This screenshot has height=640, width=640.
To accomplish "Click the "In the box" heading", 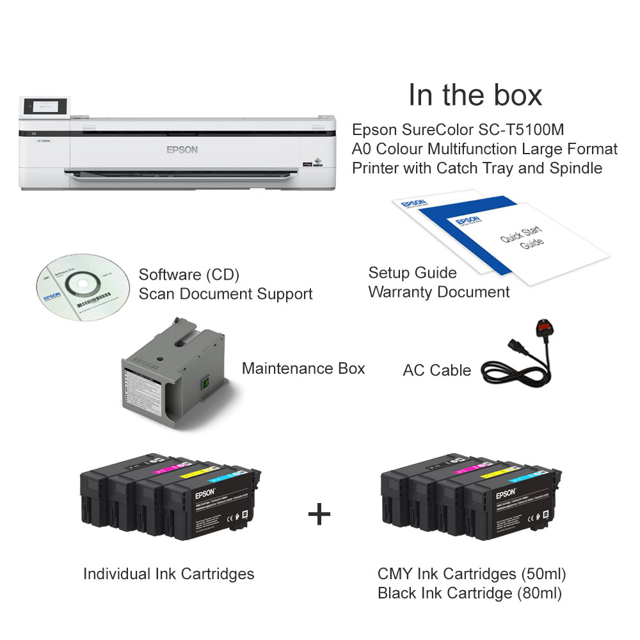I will (475, 95).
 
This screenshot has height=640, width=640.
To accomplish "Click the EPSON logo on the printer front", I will (182, 150).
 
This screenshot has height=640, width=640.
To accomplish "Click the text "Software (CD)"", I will (189, 275).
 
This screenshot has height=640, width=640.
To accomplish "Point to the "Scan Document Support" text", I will (225, 294).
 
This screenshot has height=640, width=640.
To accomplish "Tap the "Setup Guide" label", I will (412, 273).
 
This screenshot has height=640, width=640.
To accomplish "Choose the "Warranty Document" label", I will (439, 292).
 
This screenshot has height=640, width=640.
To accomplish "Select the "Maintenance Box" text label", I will (303, 369).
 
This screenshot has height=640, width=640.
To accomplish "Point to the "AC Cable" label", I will (436, 371).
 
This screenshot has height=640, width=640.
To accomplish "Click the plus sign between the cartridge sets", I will (319, 514).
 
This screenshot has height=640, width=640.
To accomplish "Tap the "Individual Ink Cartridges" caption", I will (168, 574).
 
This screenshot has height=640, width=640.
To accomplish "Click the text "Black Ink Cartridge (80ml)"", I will (470, 593).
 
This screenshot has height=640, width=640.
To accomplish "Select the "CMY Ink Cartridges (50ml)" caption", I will (472, 573).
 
